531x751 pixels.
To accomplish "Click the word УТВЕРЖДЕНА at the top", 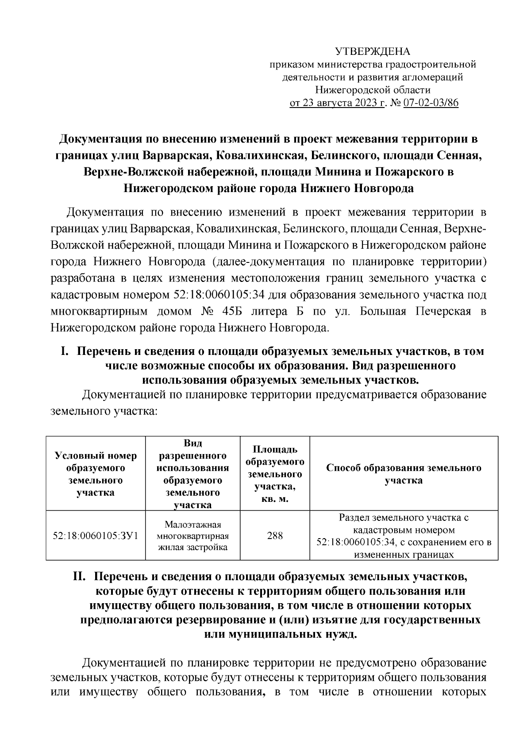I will click(373, 51).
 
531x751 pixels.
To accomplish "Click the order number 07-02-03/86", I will click(431, 104).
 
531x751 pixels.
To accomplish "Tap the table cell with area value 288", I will click(275, 536).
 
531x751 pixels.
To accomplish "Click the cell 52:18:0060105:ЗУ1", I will click(96, 536).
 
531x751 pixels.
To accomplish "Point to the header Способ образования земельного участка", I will click(404, 474).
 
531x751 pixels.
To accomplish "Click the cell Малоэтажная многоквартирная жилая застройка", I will click(193, 536).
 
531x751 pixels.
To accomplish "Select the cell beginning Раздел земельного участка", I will click(404, 536).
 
